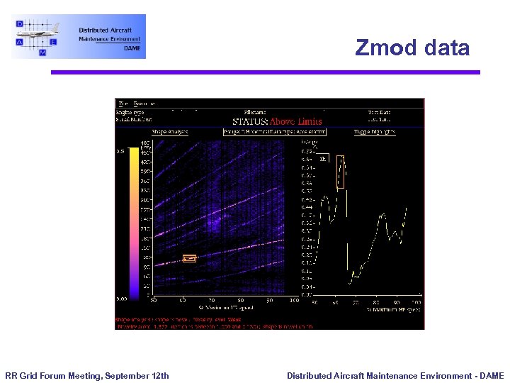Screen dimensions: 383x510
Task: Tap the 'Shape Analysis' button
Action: point(171,131)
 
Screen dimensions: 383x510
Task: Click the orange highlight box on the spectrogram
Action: point(189,258)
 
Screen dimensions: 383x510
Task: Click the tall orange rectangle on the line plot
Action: point(341,172)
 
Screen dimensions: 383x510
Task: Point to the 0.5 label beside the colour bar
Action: point(121,150)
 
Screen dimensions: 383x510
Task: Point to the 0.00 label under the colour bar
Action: point(122,299)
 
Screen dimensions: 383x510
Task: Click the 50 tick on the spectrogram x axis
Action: point(152,301)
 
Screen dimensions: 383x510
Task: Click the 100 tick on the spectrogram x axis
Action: point(293,301)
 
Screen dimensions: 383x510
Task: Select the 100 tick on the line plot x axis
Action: point(418,301)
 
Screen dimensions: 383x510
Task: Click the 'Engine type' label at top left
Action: point(130,112)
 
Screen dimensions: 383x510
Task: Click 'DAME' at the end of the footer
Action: point(491,375)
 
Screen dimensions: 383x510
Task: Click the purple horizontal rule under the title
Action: point(264,72)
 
